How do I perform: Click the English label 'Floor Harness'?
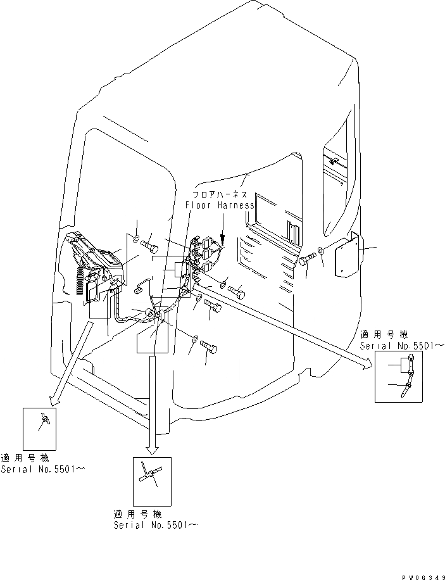pos(220,206)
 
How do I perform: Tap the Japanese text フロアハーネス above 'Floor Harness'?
pos(220,196)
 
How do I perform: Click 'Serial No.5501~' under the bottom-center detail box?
pos(155,525)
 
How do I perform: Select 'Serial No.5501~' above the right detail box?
pos(403,346)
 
